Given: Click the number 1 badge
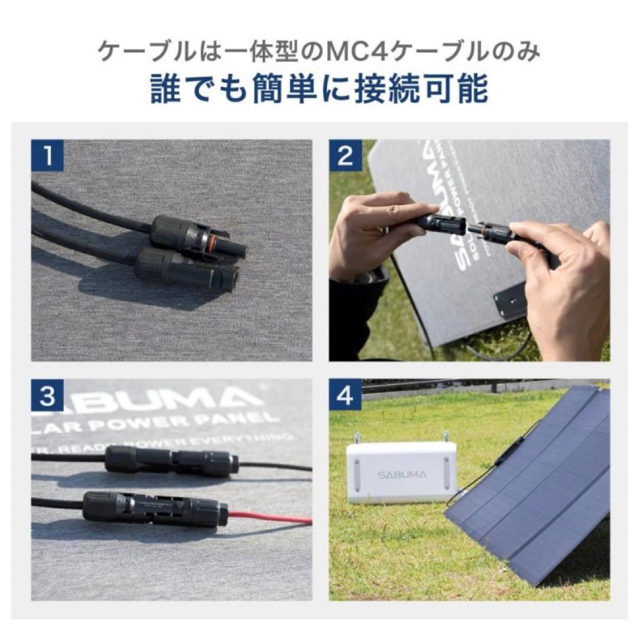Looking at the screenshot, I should [48, 156].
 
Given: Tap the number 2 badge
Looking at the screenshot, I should [346, 156].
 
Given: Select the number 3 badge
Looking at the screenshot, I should [48, 396].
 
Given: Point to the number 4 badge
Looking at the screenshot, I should [346, 396].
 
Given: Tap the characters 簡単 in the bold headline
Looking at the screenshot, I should [286, 90].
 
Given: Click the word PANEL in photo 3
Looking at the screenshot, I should [248, 420].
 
